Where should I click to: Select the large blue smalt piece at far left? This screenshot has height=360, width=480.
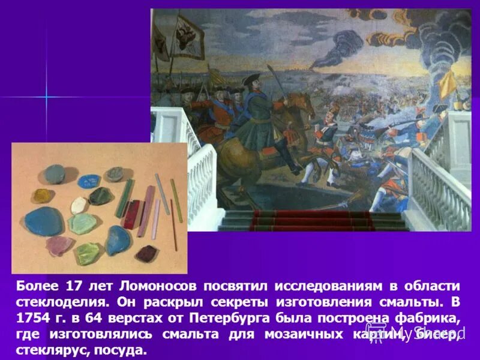(x=44, y=221)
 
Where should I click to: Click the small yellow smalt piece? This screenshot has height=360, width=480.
(x=41, y=196)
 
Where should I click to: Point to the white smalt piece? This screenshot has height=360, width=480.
(x=79, y=205)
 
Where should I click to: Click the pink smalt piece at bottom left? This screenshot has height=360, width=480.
(x=59, y=245)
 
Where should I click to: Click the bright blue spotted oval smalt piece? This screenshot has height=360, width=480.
(x=90, y=181)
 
